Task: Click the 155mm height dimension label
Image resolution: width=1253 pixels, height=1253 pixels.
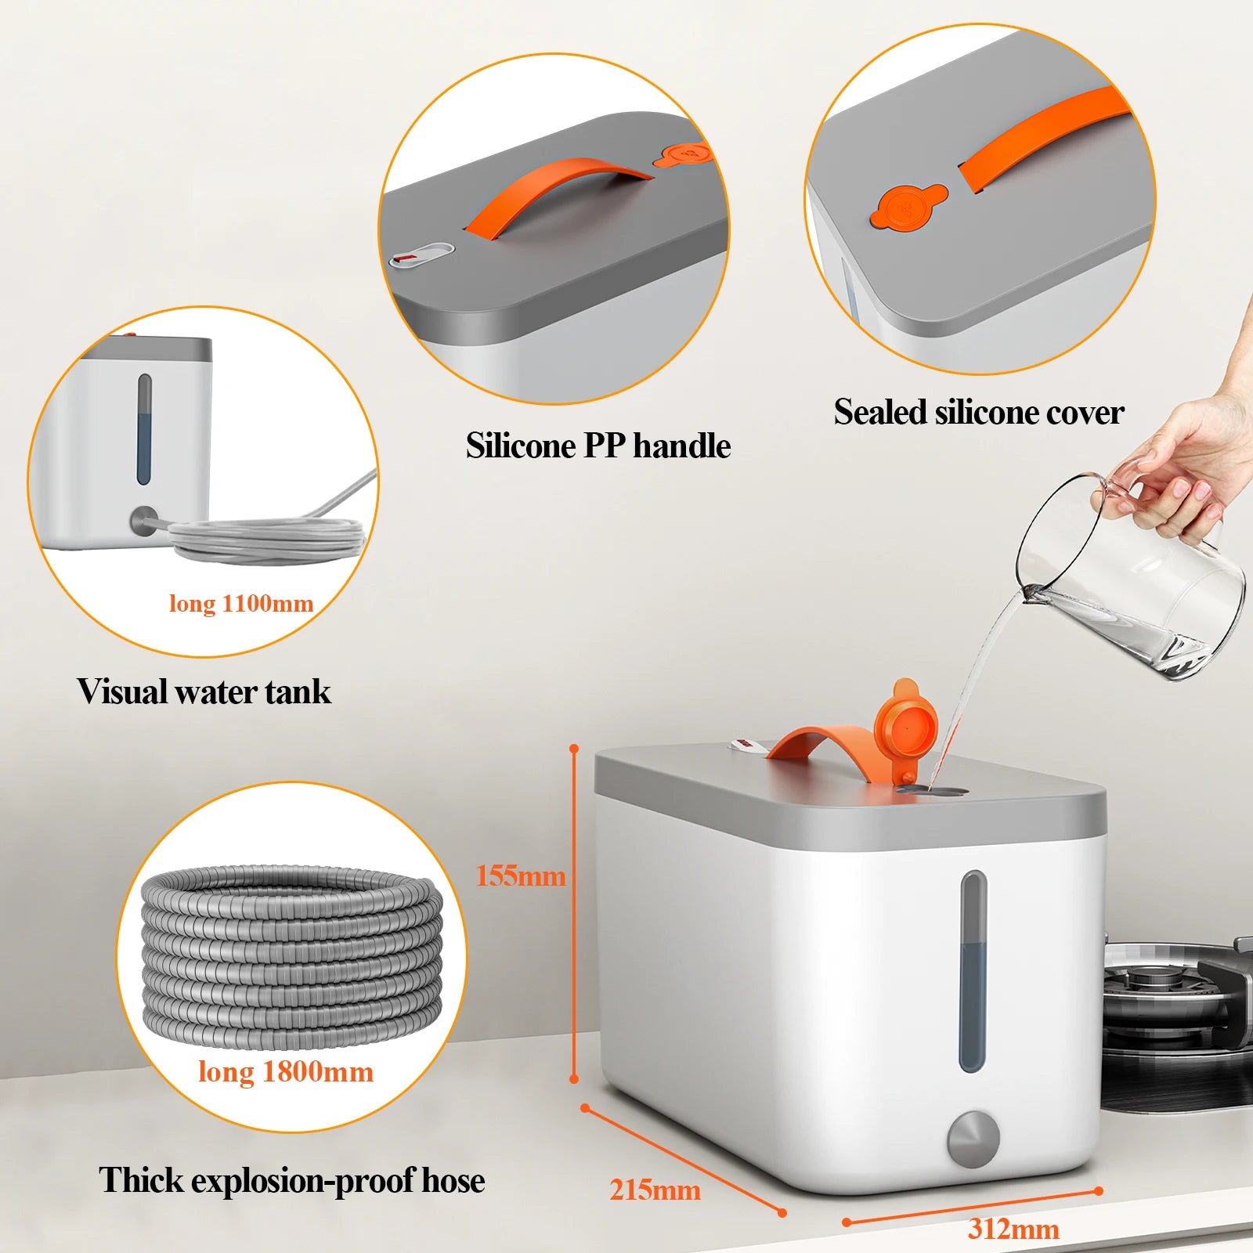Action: tap(521, 876)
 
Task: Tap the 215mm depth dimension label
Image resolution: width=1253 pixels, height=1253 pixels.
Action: tap(655, 1190)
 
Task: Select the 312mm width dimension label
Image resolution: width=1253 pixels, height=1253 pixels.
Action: tap(1013, 1228)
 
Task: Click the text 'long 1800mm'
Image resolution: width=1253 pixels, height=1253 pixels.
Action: tap(286, 1071)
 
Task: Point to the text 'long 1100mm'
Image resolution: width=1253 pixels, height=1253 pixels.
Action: tap(241, 603)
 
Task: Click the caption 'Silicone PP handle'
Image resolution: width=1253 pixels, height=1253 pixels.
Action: tap(598, 446)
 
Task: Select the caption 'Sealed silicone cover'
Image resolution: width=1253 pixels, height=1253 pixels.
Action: tap(978, 412)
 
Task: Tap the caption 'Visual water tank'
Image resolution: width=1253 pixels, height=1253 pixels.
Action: tap(204, 691)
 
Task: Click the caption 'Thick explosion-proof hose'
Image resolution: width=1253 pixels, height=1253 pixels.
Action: tap(291, 1180)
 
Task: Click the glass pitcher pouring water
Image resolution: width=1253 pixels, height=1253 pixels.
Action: tap(1136, 580)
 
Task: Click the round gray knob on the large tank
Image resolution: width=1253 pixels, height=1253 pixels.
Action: tap(973, 1138)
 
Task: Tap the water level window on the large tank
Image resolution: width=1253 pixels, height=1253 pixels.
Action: tap(973, 971)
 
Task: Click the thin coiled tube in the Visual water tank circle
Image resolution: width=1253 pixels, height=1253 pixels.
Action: tap(266, 539)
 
